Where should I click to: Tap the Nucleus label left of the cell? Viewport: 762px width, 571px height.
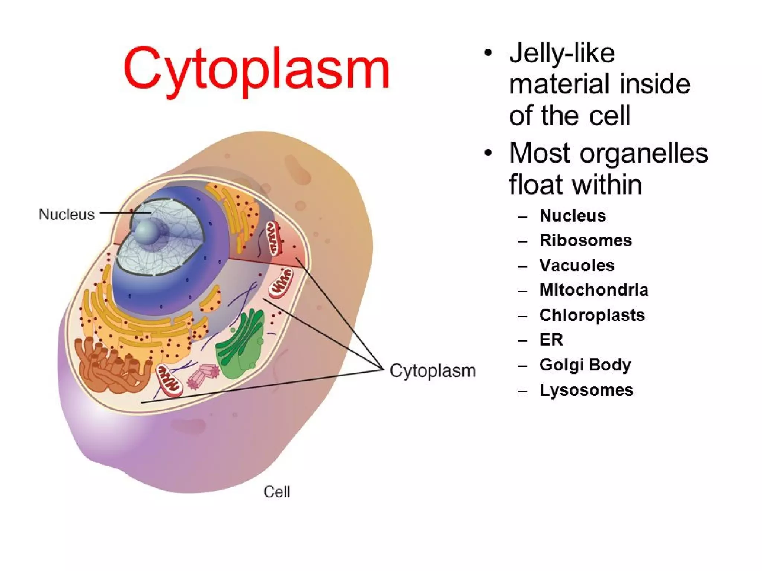pos(67,214)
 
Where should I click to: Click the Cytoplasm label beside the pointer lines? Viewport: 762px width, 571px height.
pos(432,370)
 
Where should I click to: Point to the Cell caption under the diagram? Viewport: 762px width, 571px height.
pos(276,492)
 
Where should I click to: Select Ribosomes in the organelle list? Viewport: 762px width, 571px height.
pos(585,240)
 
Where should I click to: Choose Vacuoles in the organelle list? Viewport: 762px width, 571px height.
pos(577,265)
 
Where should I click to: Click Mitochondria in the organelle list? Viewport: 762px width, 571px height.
pos(593,290)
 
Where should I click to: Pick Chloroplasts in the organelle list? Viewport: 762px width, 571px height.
pos(592,315)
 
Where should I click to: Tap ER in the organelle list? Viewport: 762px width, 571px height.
pos(551,340)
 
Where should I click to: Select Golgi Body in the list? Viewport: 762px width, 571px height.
pos(585,365)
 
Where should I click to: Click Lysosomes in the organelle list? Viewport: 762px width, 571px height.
pos(586,390)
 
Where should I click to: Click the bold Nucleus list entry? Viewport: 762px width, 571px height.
pos(572,216)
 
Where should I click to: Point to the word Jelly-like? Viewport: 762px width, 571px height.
pos(561,53)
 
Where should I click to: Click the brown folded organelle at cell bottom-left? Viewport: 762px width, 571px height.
pos(112,366)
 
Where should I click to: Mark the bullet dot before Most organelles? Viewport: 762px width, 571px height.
pos(488,153)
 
